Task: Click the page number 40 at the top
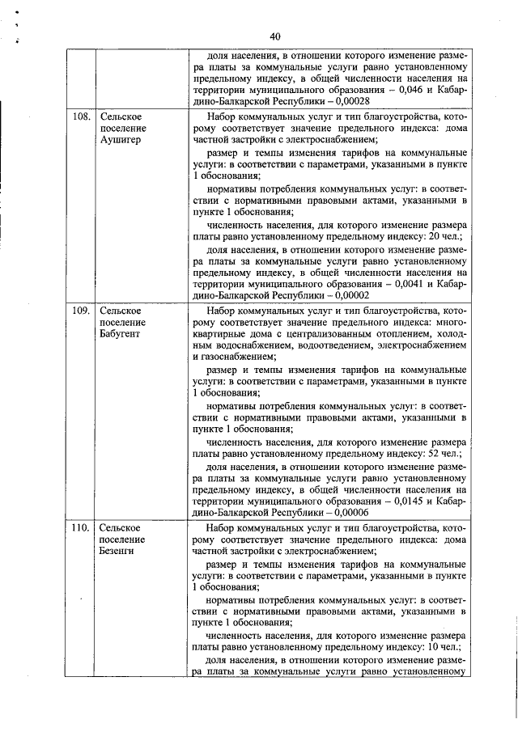[274, 36]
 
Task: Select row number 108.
[81, 116]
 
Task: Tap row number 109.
[81, 310]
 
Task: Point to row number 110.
[81, 528]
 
